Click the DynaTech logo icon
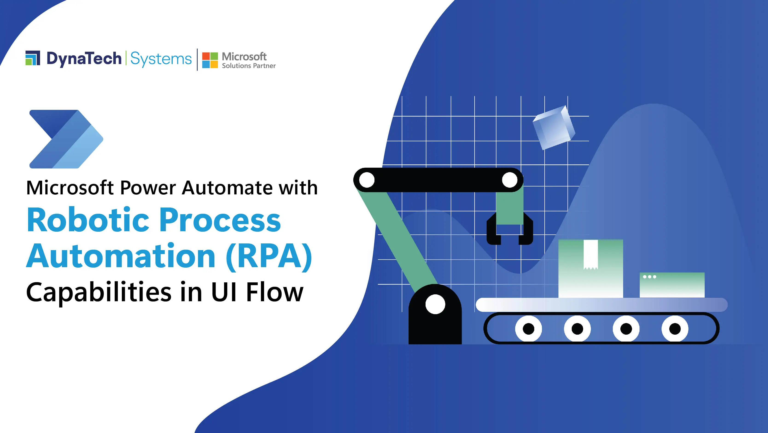coord(33,58)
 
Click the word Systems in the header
coord(161,59)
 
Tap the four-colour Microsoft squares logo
coord(210,60)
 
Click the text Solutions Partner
coord(249,66)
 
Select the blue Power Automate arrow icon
coord(66,139)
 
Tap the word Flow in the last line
coord(274,292)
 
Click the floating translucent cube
coord(553,128)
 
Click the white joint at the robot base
coord(435,304)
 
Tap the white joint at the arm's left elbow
coord(367,180)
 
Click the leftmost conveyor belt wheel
coord(529,329)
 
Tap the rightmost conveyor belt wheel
coord(675,329)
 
